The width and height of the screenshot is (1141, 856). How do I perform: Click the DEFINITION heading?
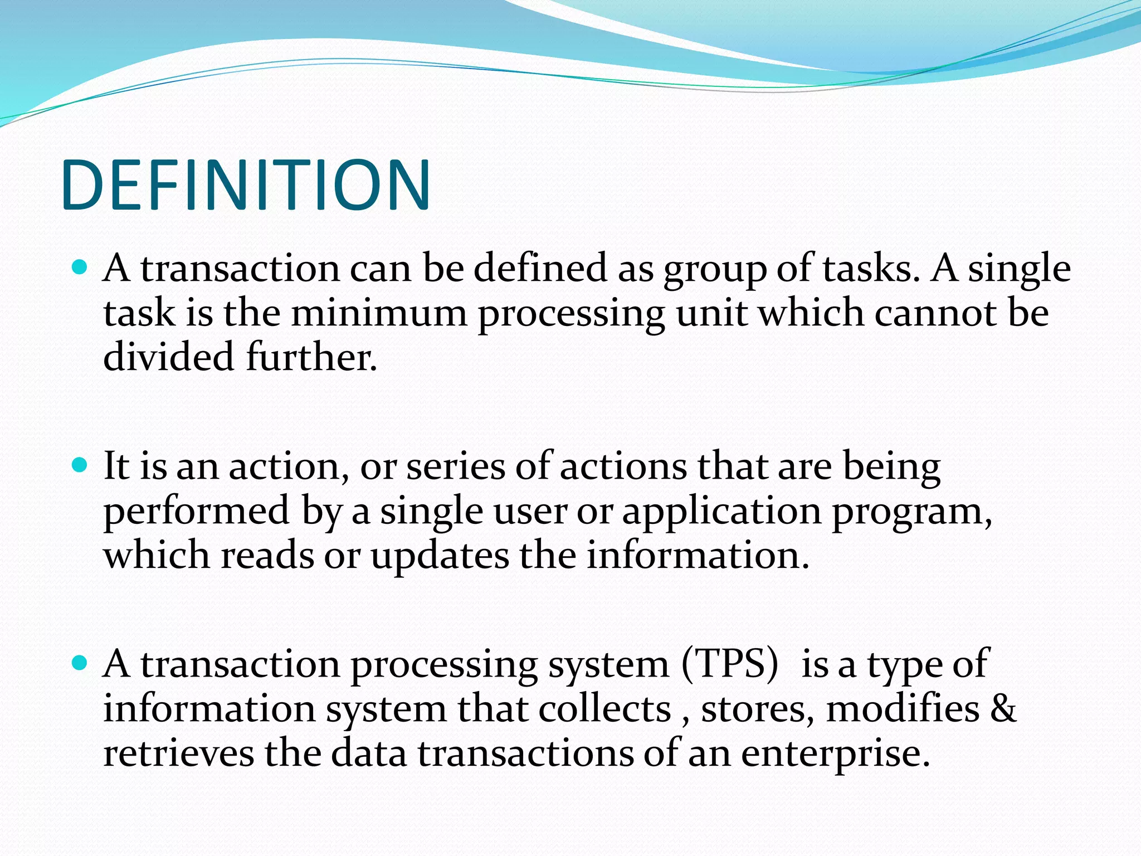[x=246, y=185]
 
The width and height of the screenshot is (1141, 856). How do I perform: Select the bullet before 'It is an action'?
[x=81, y=465]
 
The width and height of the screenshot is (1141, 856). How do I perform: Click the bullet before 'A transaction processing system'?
[x=81, y=663]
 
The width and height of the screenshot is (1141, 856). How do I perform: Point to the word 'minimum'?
[x=379, y=313]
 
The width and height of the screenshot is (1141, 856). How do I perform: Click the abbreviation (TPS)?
[x=730, y=664]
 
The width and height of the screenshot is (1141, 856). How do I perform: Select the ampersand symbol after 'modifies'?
[x=1004, y=709]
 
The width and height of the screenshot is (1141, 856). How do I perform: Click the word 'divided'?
[x=168, y=357]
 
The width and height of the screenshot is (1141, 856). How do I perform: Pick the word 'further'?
[x=310, y=357]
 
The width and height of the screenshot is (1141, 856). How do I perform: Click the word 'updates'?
[x=440, y=556]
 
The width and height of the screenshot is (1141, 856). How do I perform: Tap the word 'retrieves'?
[x=178, y=753]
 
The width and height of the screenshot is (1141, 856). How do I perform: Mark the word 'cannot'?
[x=935, y=313]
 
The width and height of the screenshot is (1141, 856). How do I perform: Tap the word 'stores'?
[x=755, y=709]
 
